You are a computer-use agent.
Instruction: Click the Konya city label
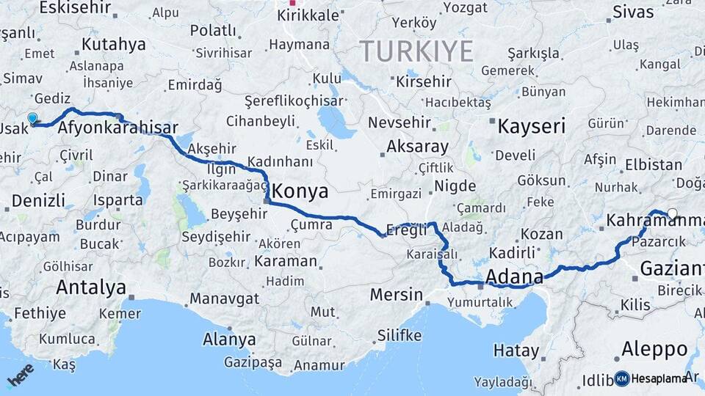302,192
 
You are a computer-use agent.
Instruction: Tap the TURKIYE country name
416,51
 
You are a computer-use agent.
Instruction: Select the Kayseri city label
531,126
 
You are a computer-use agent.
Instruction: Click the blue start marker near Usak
32,119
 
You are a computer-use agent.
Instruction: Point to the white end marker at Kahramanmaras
672,214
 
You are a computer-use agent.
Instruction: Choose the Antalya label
91,287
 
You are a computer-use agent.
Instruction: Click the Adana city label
515,277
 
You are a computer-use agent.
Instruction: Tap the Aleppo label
654,348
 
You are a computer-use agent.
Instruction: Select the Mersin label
396,295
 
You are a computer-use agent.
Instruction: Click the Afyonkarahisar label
117,128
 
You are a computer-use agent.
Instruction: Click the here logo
20,375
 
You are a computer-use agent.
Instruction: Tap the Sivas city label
632,12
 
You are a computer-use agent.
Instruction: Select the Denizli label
38,200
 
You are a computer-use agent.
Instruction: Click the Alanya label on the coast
229,340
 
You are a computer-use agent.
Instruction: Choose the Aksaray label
417,147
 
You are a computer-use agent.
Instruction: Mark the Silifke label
399,335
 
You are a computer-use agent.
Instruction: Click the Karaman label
285,260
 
